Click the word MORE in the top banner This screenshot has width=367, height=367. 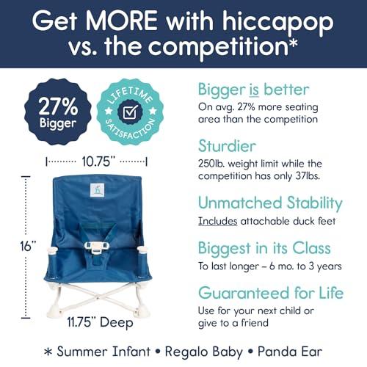tap(121, 21)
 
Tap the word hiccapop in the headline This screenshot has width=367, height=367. tap(278, 23)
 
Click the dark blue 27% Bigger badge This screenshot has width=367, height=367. tap(58, 112)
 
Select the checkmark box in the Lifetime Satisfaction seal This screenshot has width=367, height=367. tap(130, 112)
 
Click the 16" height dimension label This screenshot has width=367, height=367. tap(28, 246)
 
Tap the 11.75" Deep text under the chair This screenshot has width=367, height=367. tap(100, 322)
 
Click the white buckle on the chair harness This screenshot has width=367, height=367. tap(96, 247)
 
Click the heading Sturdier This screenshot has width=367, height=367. tap(227, 146)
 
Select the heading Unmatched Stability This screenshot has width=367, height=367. tap(270, 203)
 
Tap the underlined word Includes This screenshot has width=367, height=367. tap(217, 221)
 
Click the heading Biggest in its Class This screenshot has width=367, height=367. tap(264, 248)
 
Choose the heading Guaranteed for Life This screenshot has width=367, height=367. tap(271, 293)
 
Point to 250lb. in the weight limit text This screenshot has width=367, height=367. tap(211, 164)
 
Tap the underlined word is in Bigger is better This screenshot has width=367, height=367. tap(254, 90)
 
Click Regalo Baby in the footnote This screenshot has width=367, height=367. tap(204, 352)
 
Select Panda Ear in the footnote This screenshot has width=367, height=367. tap(290, 352)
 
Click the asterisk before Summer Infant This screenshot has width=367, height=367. tap(48, 352)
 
